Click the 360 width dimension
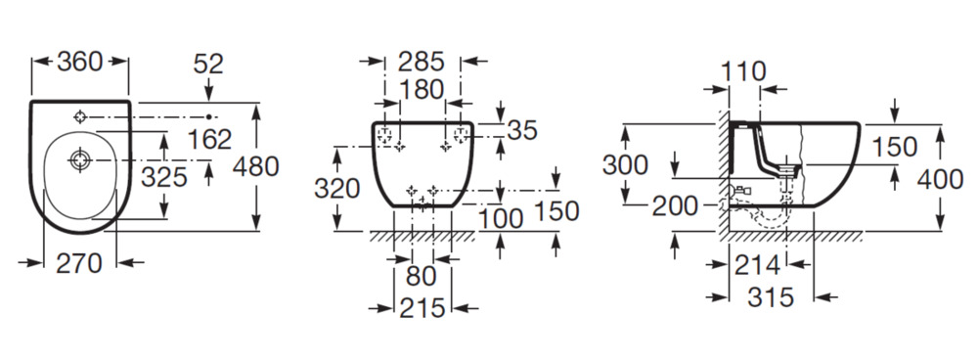(x=80, y=62)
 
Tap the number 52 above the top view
(x=208, y=64)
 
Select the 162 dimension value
(x=209, y=140)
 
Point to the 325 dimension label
(x=164, y=178)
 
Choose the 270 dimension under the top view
(x=79, y=264)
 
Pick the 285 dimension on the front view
(x=422, y=62)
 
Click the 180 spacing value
(x=422, y=90)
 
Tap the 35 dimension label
(x=522, y=130)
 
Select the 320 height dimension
(x=336, y=189)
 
